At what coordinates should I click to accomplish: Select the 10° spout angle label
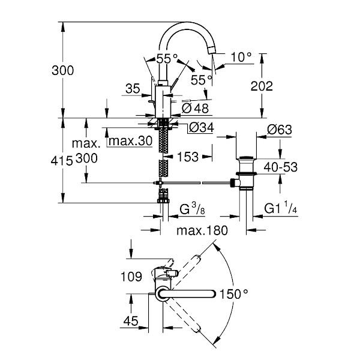(241, 58)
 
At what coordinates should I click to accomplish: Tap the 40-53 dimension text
(280, 167)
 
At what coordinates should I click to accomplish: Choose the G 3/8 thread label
(194, 210)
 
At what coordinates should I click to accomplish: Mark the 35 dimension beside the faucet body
(133, 89)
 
